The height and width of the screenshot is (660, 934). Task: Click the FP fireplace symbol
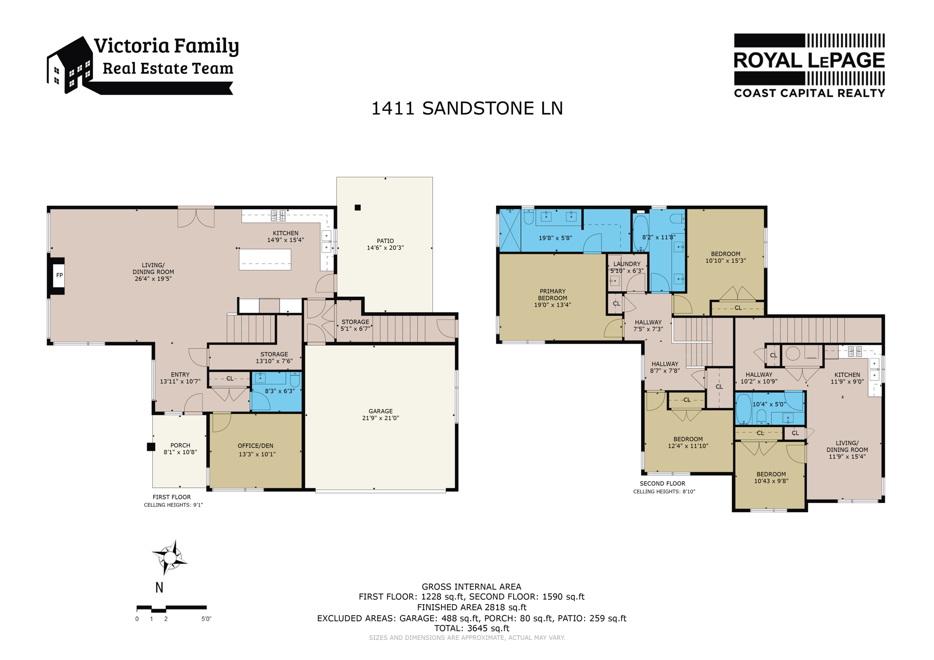coord(59,275)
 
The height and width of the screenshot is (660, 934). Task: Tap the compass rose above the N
coord(170,557)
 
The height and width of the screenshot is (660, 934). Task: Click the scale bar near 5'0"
coord(171,608)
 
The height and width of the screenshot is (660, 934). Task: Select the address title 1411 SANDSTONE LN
coord(467,108)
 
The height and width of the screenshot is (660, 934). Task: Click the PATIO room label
coord(385,241)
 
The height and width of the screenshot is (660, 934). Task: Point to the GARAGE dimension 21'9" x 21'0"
coord(380,418)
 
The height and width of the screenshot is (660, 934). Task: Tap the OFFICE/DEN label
coord(255,446)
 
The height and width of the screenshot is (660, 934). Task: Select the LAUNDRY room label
coord(627,264)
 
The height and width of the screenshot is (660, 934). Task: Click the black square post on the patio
coord(358,207)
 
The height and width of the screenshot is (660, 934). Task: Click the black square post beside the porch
coord(151,447)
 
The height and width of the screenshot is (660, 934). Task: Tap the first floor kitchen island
coord(265,259)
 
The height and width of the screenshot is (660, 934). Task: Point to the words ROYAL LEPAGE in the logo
coord(809,61)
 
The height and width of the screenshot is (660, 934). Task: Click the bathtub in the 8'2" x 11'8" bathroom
coord(641,232)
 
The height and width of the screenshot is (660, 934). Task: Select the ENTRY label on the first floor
coord(180,375)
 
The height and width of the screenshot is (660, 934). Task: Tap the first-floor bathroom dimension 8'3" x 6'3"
coord(280,391)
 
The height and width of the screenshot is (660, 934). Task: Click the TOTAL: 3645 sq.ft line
coord(472,628)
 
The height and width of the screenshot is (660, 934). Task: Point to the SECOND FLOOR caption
coord(662,484)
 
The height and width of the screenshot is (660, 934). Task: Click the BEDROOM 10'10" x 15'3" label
coord(725,254)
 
